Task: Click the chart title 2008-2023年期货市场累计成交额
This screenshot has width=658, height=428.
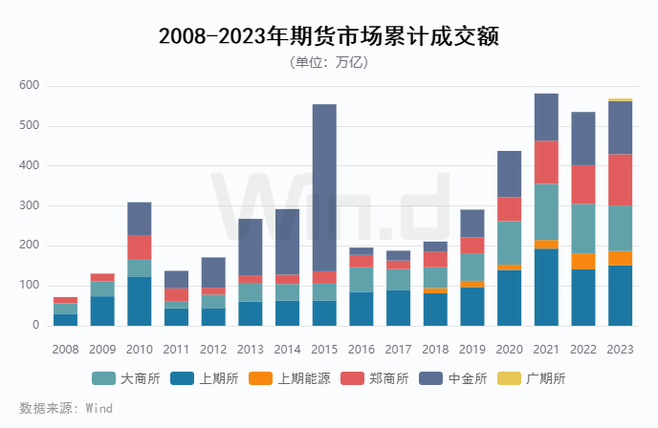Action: point(329,36)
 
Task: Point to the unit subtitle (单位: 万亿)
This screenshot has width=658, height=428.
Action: point(328,62)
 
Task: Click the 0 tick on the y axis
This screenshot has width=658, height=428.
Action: point(35,326)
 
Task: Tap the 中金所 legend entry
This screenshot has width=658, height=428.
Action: point(463,378)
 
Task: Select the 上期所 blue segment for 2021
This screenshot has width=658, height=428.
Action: point(546,287)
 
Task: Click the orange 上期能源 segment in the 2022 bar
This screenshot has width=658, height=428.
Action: point(583,261)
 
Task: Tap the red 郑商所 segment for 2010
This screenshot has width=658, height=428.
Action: point(140,246)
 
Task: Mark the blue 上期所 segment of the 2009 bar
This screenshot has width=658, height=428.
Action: point(102,310)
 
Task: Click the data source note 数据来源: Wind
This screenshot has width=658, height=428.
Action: point(66,408)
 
